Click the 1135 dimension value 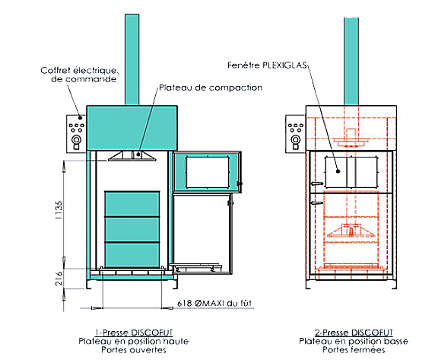(59, 210)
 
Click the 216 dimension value (59, 279)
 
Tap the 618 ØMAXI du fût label (214, 303)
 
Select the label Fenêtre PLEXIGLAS (267, 65)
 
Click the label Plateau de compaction (211, 88)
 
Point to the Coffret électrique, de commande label (80, 75)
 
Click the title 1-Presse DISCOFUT (134, 333)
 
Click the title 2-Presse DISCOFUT (354, 333)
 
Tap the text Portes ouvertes (134, 350)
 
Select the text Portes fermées (354, 350)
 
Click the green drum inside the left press (132, 229)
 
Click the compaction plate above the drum (132, 156)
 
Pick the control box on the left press (76, 134)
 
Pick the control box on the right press (296, 134)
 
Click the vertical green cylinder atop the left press (132, 59)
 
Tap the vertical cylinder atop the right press (351, 62)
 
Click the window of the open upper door (208, 172)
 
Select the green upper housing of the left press (132, 128)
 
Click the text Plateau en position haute (134, 341)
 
